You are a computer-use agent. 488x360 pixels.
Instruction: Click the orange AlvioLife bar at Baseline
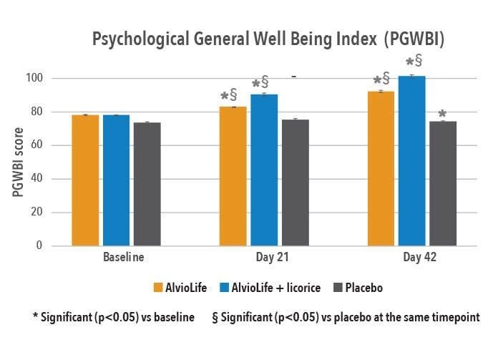click(x=85, y=180)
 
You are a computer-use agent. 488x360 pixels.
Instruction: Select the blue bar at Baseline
click(x=117, y=180)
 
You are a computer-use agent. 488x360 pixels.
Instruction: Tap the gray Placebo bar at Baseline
click(x=147, y=185)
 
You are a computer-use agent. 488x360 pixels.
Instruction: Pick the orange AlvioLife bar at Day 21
click(x=233, y=177)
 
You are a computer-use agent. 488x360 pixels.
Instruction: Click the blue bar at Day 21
click(x=264, y=170)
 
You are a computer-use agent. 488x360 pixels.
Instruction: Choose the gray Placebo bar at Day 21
click(x=296, y=183)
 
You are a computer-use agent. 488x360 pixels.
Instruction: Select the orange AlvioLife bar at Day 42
click(x=381, y=169)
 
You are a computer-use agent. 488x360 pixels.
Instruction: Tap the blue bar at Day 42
click(x=411, y=161)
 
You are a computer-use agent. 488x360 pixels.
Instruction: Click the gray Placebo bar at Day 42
click(x=443, y=184)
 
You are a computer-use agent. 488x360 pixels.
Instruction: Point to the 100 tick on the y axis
click(x=34, y=78)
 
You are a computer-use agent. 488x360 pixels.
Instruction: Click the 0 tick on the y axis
click(x=39, y=245)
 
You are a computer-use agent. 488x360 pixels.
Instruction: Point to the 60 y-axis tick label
click(x=36, y=145)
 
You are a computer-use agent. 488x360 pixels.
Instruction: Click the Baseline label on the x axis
click(x=124, y=257)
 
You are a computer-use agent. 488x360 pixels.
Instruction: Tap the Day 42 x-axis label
click(x=419, y=257)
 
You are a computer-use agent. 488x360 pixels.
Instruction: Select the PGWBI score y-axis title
click(x=18, y=162)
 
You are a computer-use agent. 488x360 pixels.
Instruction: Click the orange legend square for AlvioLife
click(x=158, y=288)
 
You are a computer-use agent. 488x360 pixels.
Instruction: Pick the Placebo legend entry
click(x=358, y=288)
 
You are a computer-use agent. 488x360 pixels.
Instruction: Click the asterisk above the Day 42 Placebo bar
click(x=442, y=113)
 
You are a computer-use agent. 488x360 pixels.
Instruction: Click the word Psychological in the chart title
click(x=141, y=39)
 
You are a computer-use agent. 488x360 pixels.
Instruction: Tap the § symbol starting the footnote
click(x=215, y=318)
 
